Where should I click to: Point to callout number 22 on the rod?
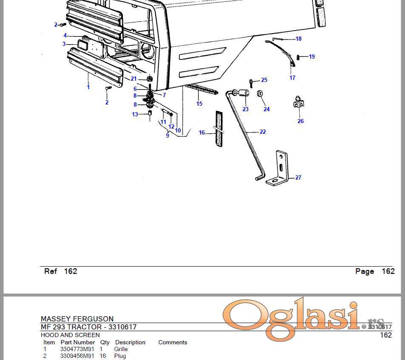click(x=263, y=132)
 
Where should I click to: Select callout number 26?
click(x=300, y=121)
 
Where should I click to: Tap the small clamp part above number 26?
click(x=300, y=102)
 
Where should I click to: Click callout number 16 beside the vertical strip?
click(x=202, y=133)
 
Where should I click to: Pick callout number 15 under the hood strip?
click(x=199, y=104)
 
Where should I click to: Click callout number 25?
click(x=264, y=80)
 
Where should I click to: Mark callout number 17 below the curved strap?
click(x=292, y=78)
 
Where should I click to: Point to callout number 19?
click(x=312, y=56)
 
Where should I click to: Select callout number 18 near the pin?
click(x=298, y=39)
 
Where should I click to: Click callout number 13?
click(x=135, y=114)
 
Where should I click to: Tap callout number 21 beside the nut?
click(x=134, y=79)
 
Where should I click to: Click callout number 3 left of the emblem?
click(x=64, y=44)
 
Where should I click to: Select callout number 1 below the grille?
click(x=88, y=87)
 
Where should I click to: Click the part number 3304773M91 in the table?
click(x=77, y=349)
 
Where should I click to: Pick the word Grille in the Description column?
click(x=121, y=349)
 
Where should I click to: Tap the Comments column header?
click(x=173, y=342)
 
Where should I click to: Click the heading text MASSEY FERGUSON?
click(x=77, y=319)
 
